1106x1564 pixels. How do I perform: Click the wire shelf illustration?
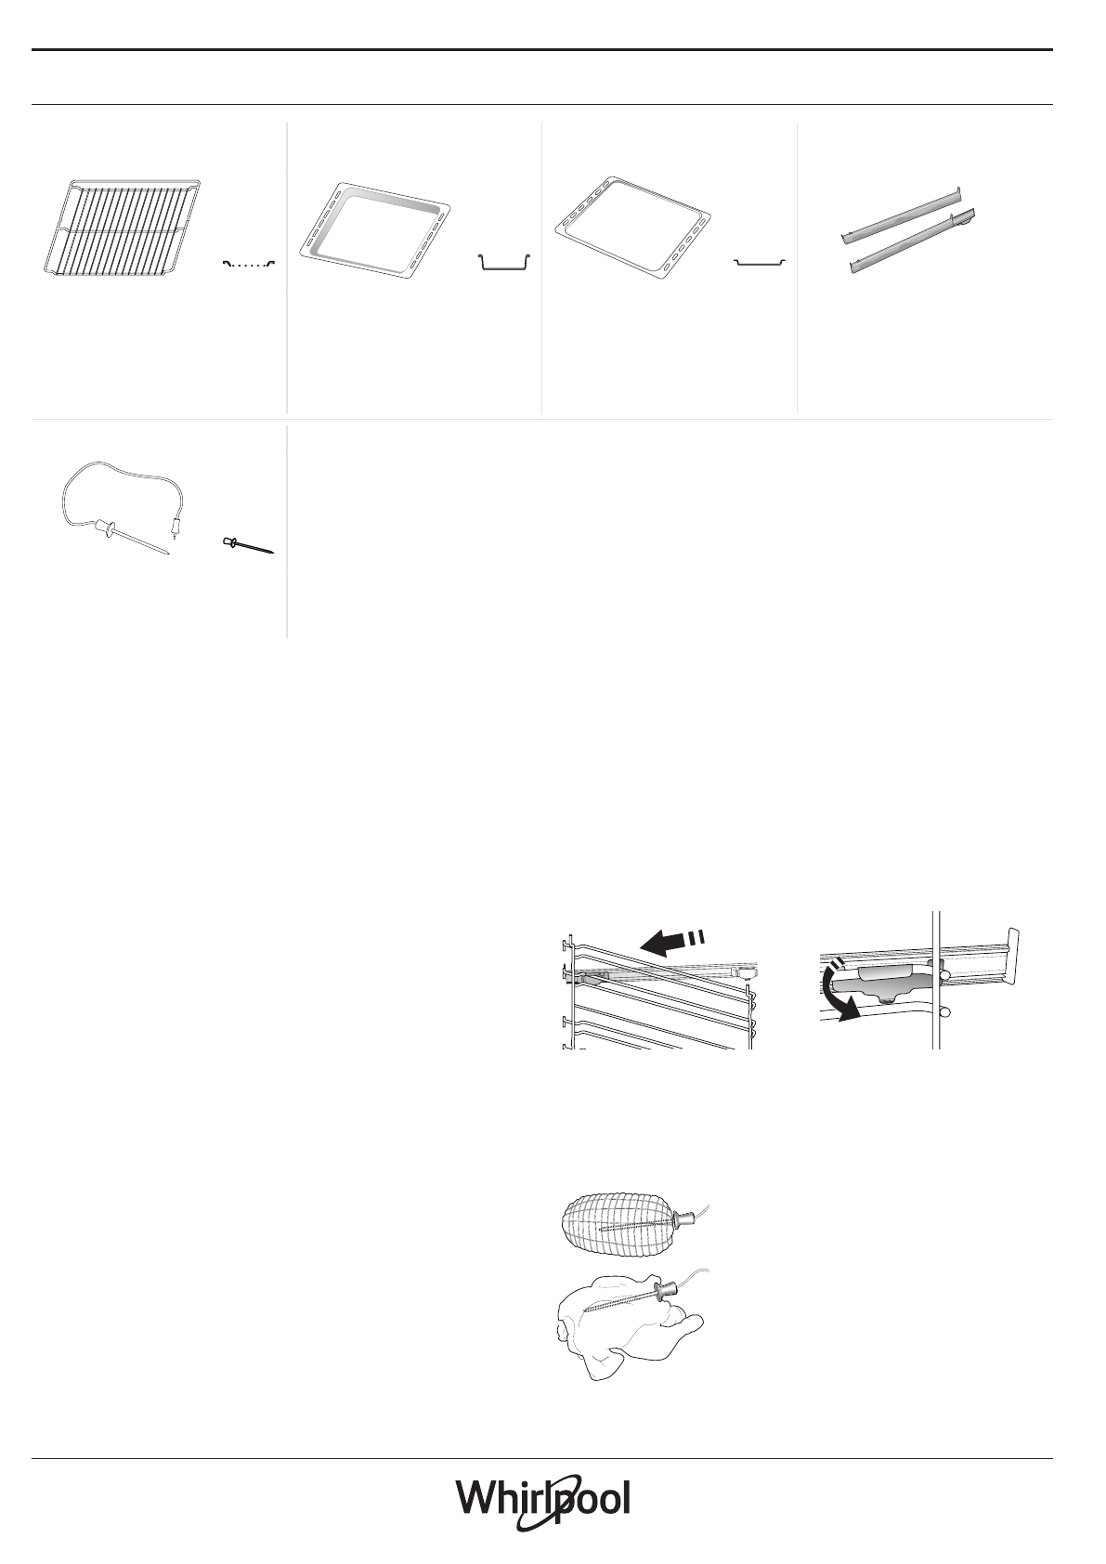[125, 228]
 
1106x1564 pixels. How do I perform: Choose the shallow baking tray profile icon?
[760, 264]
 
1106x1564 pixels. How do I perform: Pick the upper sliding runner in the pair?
[899, 215]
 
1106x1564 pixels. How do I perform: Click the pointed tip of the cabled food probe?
[167, 554]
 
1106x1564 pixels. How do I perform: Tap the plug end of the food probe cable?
[174, 529]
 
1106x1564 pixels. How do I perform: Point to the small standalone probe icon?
[248, 545]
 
